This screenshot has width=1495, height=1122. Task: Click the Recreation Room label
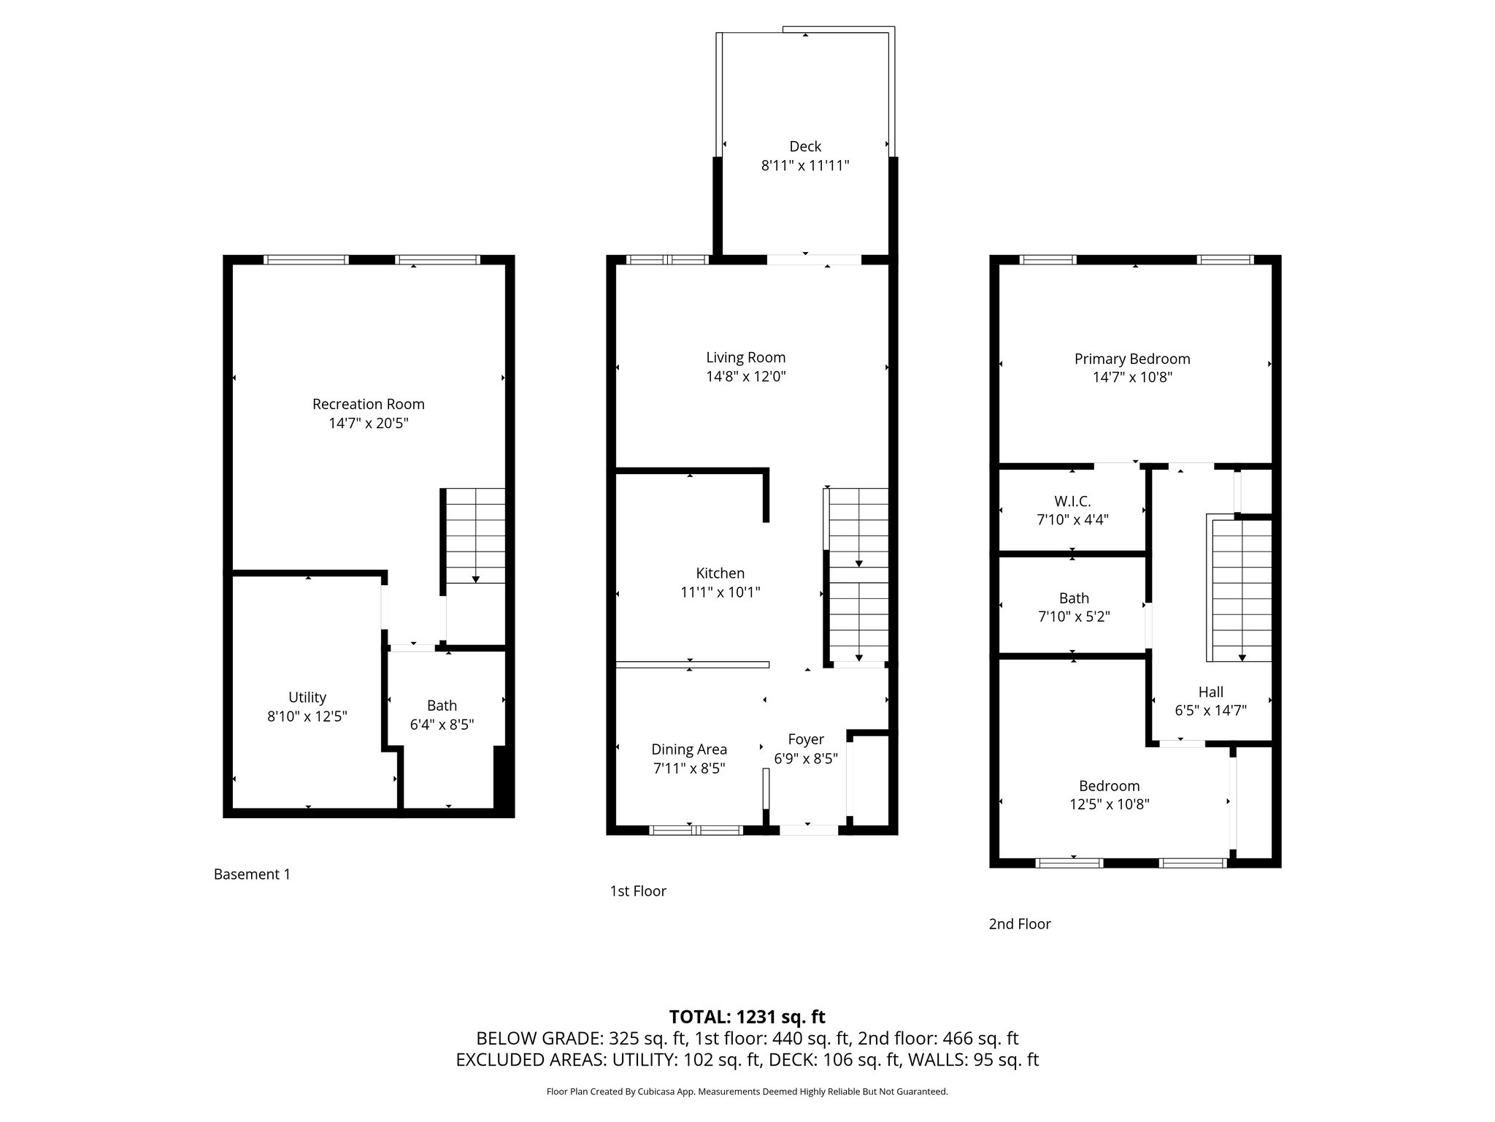click(x=369, y=404)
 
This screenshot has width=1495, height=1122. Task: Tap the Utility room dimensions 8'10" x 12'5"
click(x=307, y=717)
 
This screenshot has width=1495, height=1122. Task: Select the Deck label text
click(x=805, y=146)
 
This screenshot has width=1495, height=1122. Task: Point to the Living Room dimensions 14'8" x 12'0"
click(x=746, y=377)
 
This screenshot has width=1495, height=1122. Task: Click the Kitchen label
click(x=720, y=573)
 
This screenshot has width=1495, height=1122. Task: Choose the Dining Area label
click(x=689, y=749)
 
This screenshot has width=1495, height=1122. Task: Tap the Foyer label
click(x=806, y=740)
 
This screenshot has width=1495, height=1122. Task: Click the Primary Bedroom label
click(x=1132, y=359)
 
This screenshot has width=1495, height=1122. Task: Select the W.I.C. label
click(x=1073, y=502)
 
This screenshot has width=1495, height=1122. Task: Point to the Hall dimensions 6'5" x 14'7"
click(x=1210, y=710)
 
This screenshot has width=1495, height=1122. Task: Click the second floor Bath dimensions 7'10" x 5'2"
click(x=1074, y=617)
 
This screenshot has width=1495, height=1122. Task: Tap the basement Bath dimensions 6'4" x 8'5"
click(x=442, y=725)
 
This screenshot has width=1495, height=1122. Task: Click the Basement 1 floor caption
click(x=252, y=874)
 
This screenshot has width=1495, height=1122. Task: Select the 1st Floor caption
click(x=638, y=891)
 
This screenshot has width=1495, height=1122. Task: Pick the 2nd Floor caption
click(x=1020, y=924)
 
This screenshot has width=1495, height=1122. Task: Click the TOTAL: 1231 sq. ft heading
click(x=747, y=1017)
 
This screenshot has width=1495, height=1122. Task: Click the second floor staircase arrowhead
click(x=1242, y=657)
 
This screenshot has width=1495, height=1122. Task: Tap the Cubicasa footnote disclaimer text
click(x=747, y=1092)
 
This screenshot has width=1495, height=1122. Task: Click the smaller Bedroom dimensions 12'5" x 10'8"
click(x=1110, y=804)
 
